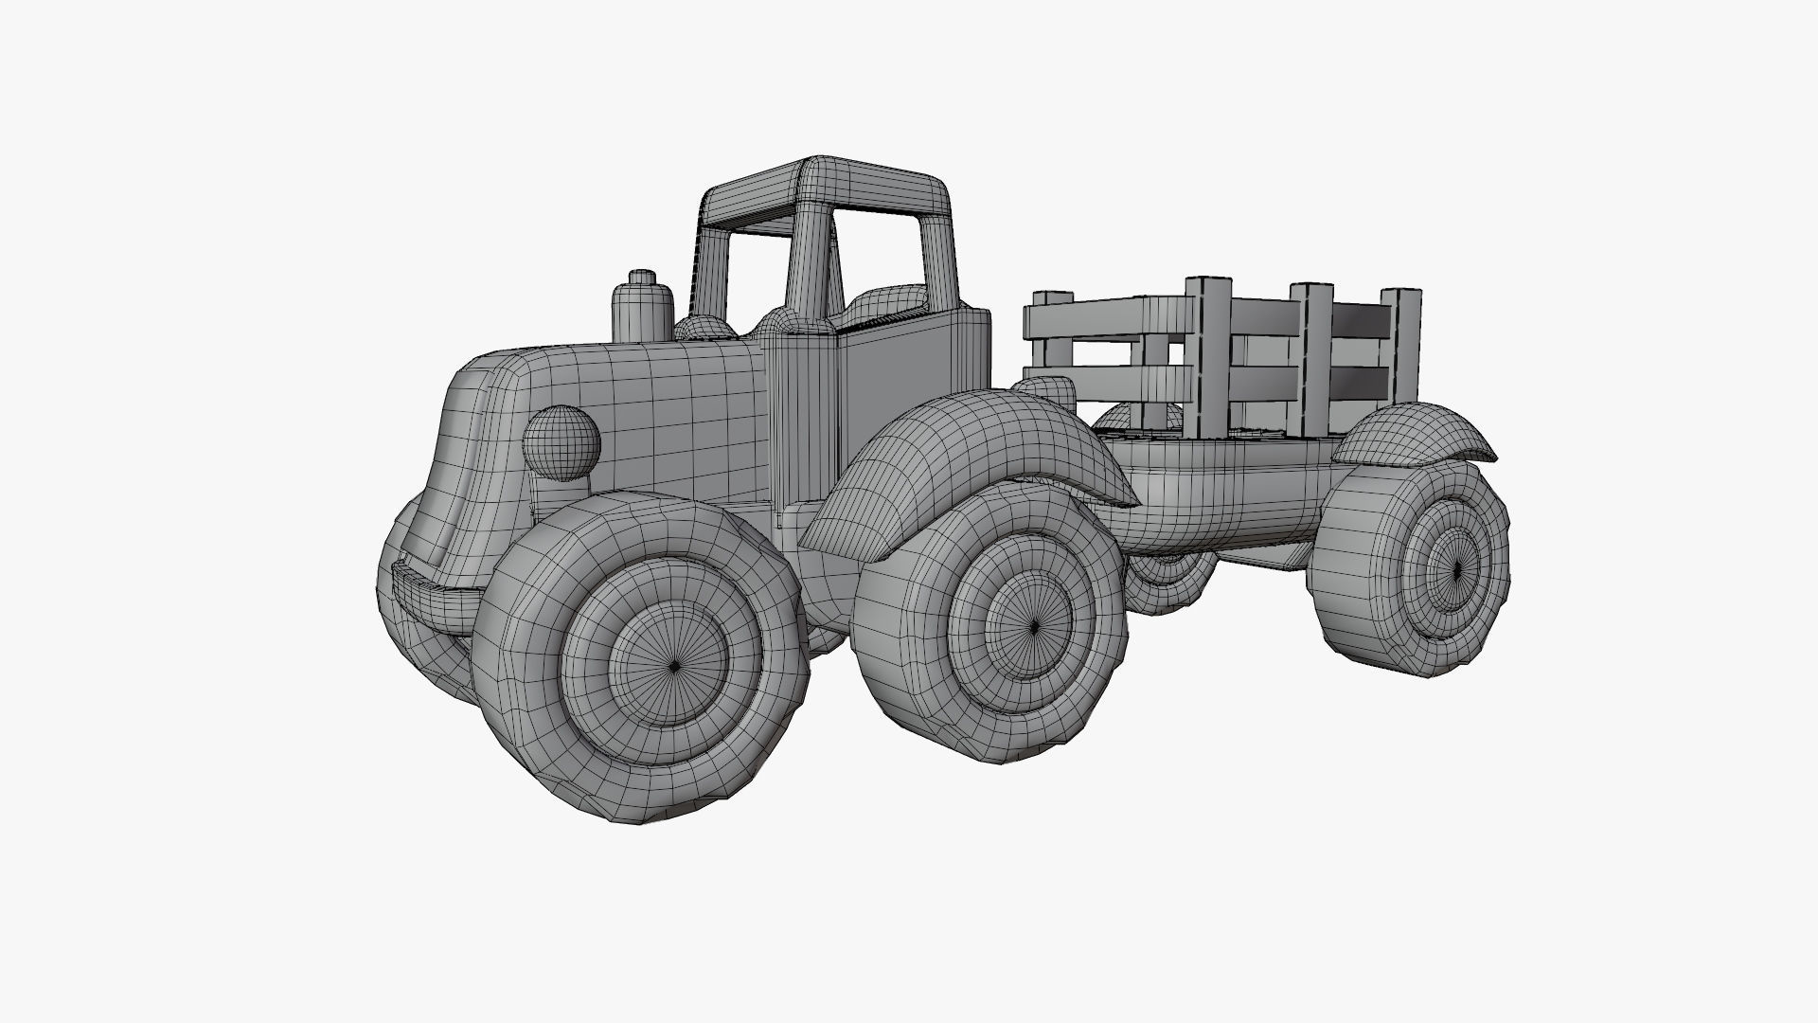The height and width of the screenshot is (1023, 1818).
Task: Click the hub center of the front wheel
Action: tap(673, 666)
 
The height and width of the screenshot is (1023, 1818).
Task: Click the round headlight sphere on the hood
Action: tap(561, 441)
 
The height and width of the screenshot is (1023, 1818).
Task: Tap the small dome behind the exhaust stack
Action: tap(703, 328)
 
